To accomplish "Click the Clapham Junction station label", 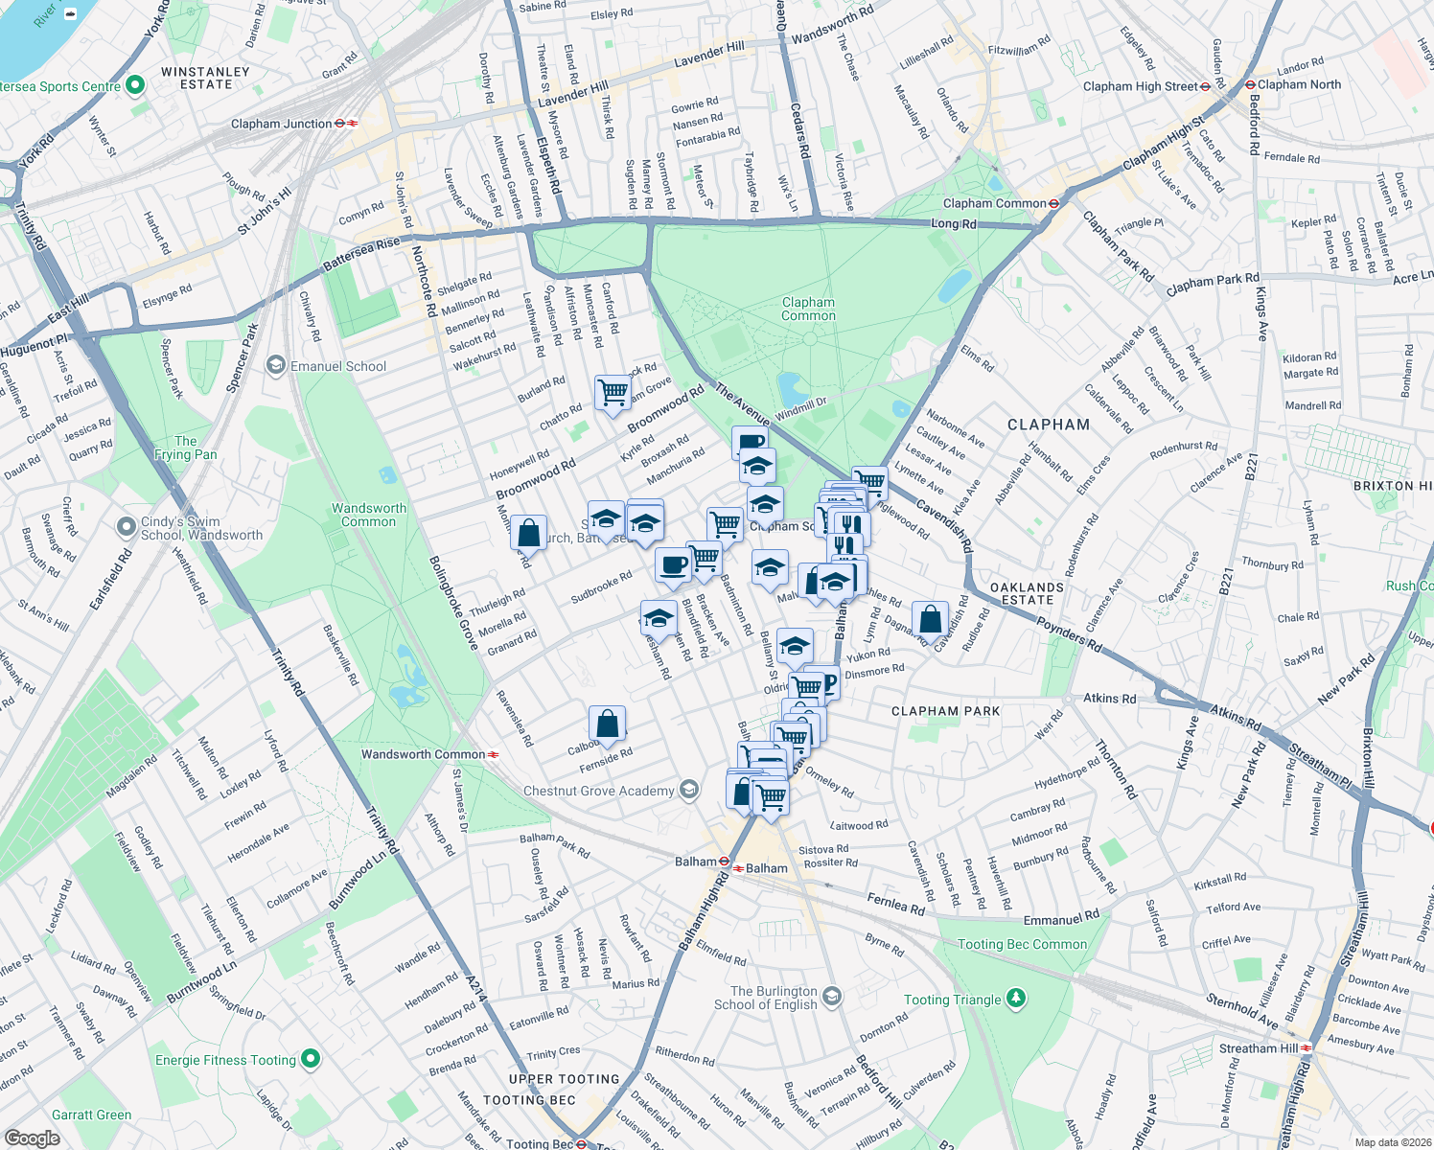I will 282,124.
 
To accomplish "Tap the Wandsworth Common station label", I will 423,754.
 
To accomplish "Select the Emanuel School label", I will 338,366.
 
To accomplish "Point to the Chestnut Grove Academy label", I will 598,791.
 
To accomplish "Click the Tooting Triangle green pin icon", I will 1015,999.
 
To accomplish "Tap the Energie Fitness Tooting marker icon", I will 310,1059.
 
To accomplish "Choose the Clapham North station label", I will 1299,84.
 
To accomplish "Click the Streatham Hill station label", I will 1258,1048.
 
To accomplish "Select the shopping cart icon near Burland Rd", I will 613,392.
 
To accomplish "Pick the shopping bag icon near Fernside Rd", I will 607,724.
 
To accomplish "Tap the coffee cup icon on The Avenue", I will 751,443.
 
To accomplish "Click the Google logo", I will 33,1138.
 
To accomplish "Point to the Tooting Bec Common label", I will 1022,944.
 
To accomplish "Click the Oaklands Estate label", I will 1027,593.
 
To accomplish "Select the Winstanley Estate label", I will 205,78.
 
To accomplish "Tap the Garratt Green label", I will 92,1115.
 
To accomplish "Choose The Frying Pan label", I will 185,448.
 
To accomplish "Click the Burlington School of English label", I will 774,998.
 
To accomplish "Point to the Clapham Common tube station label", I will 994,203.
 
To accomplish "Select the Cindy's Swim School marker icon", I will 126,526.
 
